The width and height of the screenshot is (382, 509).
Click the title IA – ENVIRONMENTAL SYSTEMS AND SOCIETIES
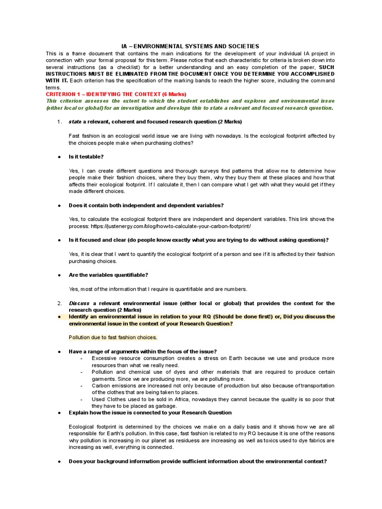(191, 46)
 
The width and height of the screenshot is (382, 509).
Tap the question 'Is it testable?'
(86, 157)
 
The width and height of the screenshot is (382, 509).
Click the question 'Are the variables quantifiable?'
(108, 275)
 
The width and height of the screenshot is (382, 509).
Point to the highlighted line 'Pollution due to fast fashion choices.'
(113, 338)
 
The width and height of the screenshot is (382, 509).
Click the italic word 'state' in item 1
(75, 122)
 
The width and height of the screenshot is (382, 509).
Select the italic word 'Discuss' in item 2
(79, 303)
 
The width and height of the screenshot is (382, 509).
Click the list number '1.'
(59, 122)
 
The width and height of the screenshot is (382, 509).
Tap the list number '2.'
(59, 303)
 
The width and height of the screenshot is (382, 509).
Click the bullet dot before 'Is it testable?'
(59, 157)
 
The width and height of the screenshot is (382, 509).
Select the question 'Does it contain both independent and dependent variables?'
(146, 205)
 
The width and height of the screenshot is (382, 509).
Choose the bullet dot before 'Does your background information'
(59, 461)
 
